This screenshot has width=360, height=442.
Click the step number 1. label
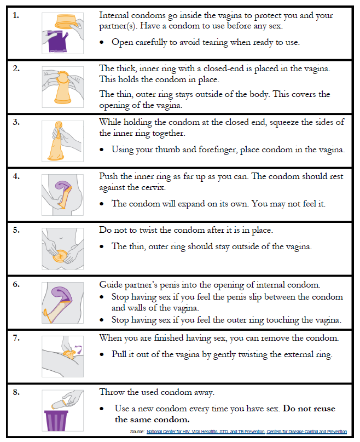click(15, 15)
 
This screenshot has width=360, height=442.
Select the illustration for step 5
click(62, 248)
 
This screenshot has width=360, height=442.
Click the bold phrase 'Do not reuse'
click(309, 409)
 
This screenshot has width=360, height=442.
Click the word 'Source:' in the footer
click(137, 432)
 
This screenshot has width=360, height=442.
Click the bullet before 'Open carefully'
click(103, 42)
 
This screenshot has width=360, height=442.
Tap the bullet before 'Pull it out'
click(103, 354)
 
